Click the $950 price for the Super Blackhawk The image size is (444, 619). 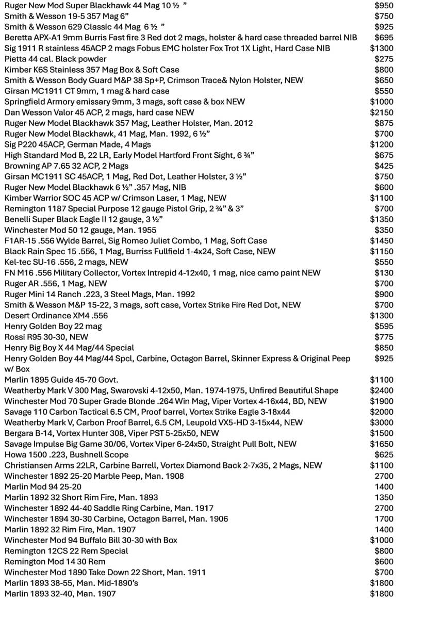(384, 6)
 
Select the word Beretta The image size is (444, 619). (19, 38)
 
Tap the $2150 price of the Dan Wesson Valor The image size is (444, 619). (382, 112)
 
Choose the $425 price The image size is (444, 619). (384, 166)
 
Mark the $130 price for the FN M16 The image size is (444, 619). (384, 273)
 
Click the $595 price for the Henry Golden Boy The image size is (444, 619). (384, 327)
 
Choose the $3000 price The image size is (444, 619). (382, 422)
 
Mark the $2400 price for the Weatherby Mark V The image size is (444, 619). (382, 390)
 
